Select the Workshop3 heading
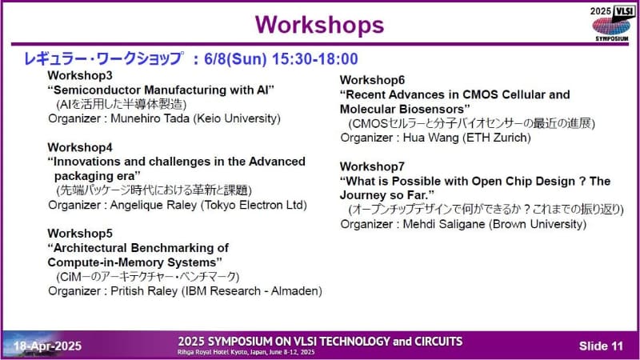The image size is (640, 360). [79, 75]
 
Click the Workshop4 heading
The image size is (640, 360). [79, 147]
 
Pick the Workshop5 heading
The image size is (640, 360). [79, 233]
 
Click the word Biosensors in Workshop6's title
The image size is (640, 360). [437, 109]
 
